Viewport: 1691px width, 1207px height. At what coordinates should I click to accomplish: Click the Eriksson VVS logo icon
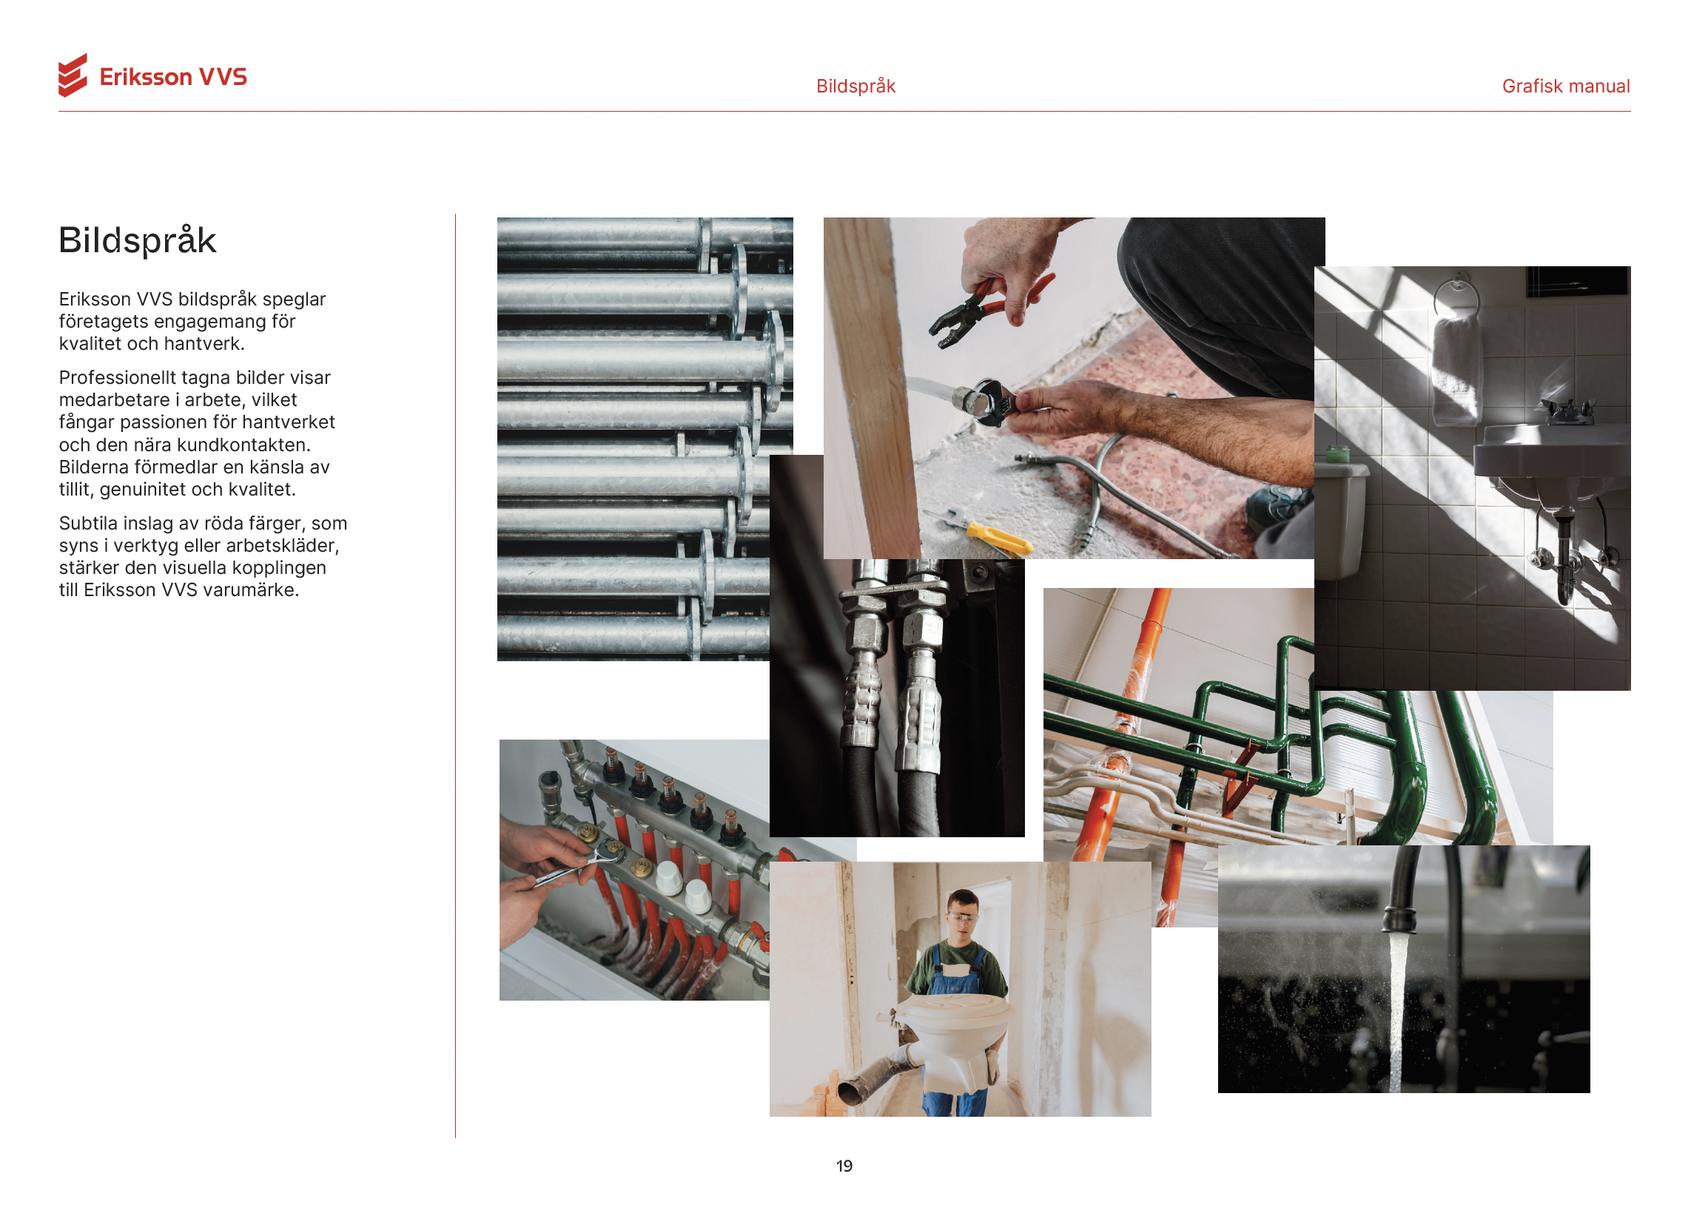point(72,75)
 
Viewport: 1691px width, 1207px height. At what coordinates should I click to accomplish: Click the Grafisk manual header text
point(1565,87)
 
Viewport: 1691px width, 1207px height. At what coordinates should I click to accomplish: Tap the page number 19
point(844,1166)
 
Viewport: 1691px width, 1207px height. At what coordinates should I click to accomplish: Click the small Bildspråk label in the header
point(855,87)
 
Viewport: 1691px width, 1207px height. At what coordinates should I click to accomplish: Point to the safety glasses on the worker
point(963,919)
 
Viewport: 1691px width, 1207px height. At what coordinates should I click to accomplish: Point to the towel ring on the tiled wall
point(1455,296)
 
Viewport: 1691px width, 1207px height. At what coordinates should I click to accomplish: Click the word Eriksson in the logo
point(146,78)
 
